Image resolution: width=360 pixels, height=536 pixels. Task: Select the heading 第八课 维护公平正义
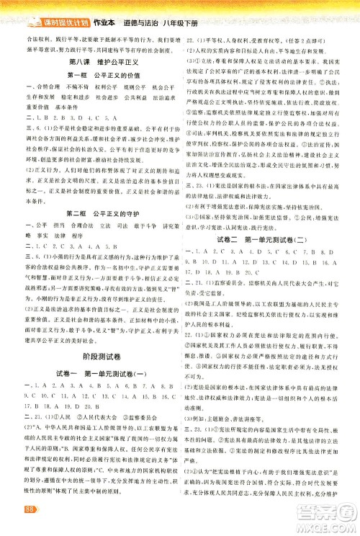click(88, 62)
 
